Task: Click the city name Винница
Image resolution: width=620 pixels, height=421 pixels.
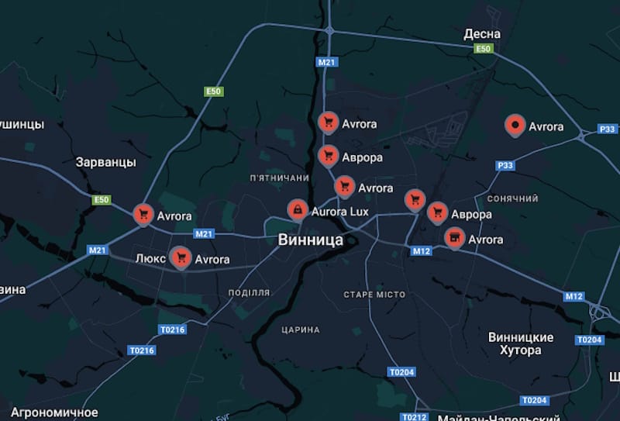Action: click(310, 240)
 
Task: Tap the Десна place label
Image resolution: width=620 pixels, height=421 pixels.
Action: click(482, 33)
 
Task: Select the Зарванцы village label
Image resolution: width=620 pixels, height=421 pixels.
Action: click(106, 162)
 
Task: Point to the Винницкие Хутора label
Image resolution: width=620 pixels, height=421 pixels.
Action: click(521, 343)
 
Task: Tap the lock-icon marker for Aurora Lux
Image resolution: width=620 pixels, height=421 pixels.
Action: click(296, 209)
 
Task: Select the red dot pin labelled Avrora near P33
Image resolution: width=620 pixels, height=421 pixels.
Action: click(515, 125)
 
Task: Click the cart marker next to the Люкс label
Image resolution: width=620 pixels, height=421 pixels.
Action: click(181, 257)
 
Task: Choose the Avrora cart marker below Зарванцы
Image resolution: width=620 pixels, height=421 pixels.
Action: click(143, 214)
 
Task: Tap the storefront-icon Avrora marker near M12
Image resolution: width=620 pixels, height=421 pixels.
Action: click(455, 237)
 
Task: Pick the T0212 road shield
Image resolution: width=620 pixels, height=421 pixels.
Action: click(414, 417)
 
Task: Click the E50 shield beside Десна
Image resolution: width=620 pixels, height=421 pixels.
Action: click(484, 49)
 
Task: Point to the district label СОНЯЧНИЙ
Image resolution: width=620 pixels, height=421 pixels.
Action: click(512, 198)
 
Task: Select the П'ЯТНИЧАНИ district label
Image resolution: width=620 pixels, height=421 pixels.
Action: click(280, 178)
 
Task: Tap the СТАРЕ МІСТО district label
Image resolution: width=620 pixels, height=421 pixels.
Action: click(374, 295)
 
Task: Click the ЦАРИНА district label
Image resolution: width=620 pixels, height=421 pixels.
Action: click(301, 330)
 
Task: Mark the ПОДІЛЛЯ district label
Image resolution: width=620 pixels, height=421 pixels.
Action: click(249, 292)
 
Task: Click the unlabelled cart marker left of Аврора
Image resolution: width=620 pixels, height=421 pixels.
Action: click(415, 199)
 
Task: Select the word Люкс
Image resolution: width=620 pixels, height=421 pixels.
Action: click(150, 258)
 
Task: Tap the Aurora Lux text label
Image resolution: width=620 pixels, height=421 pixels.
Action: click(340, 211)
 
